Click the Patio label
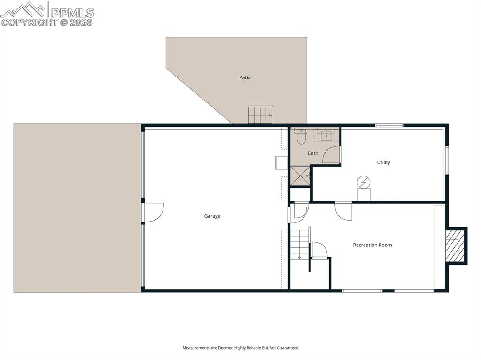(x=245, y=77)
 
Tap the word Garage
(x=212, y=216)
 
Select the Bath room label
(x=313, y=153)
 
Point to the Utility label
(x=383, y=162)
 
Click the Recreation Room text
(x=372, y=245)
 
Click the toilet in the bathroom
(x=301, y=137)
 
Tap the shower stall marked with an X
(x=300, y=176)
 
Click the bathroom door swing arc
(x=332, y=155)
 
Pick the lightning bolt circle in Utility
(x=364, y=182)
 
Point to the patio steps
(x=260, y=115)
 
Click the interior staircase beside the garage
(x=299, y=243)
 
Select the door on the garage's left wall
(x=153, y=212)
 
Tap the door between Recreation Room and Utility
(x=343, y=211)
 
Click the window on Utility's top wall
(x=389, y=125)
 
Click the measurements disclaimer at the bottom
(x=240, y=348)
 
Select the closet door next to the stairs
(x=319, y=250)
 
